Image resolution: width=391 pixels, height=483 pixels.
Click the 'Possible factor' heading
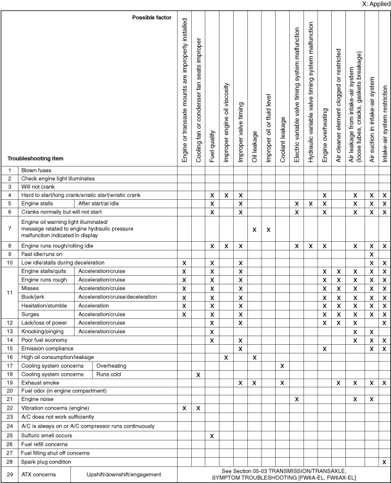pyautogui.click(x=152, y=17)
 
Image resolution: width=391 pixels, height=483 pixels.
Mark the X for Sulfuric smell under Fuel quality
pyautogui.click(x=212, y=435)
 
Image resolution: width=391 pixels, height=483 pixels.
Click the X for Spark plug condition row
pyautogui.click(x=384, y=461)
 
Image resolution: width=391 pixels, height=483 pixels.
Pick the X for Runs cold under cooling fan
pyautogui.click(x=198, y=374)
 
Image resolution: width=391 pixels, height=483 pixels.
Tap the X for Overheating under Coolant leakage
pyautogui.click(x=282, y=366)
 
